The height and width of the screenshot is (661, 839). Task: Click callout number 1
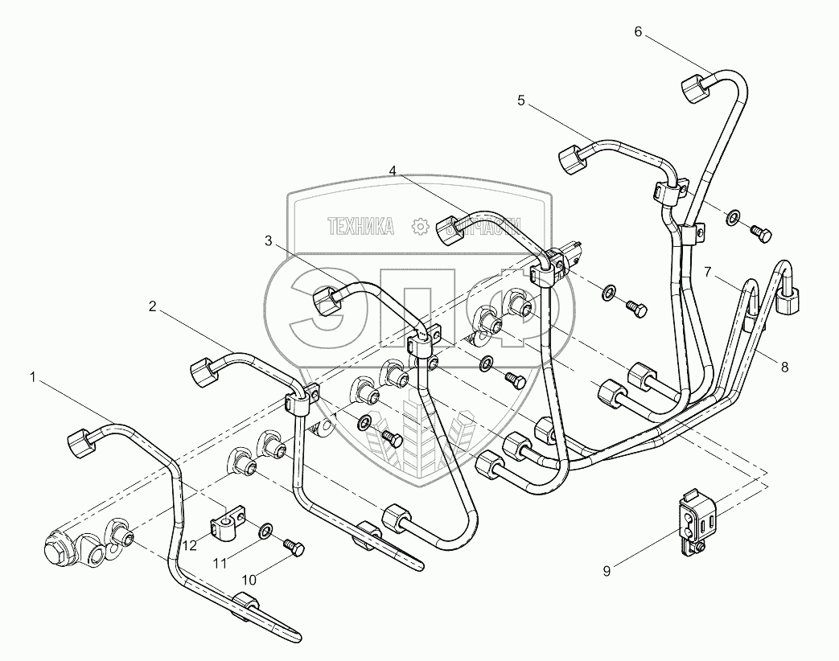(33, 376)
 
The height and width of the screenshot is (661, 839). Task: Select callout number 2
(150, 306)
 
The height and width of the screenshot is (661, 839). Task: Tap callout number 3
(269, 240)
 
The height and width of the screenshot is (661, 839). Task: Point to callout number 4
(393, 170)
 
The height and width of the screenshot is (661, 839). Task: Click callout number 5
(520, 101)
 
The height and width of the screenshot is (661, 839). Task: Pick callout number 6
(638, 31)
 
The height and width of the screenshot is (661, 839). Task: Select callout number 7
(708, 273)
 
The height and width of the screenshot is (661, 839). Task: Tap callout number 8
(784, 366)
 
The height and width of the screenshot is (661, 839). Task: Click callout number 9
(607, 571)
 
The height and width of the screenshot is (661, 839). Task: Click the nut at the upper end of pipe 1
(77, 440)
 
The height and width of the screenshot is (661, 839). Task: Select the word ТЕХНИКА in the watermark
(361, 228)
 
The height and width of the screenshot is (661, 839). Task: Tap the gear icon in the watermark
(419, 228)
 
